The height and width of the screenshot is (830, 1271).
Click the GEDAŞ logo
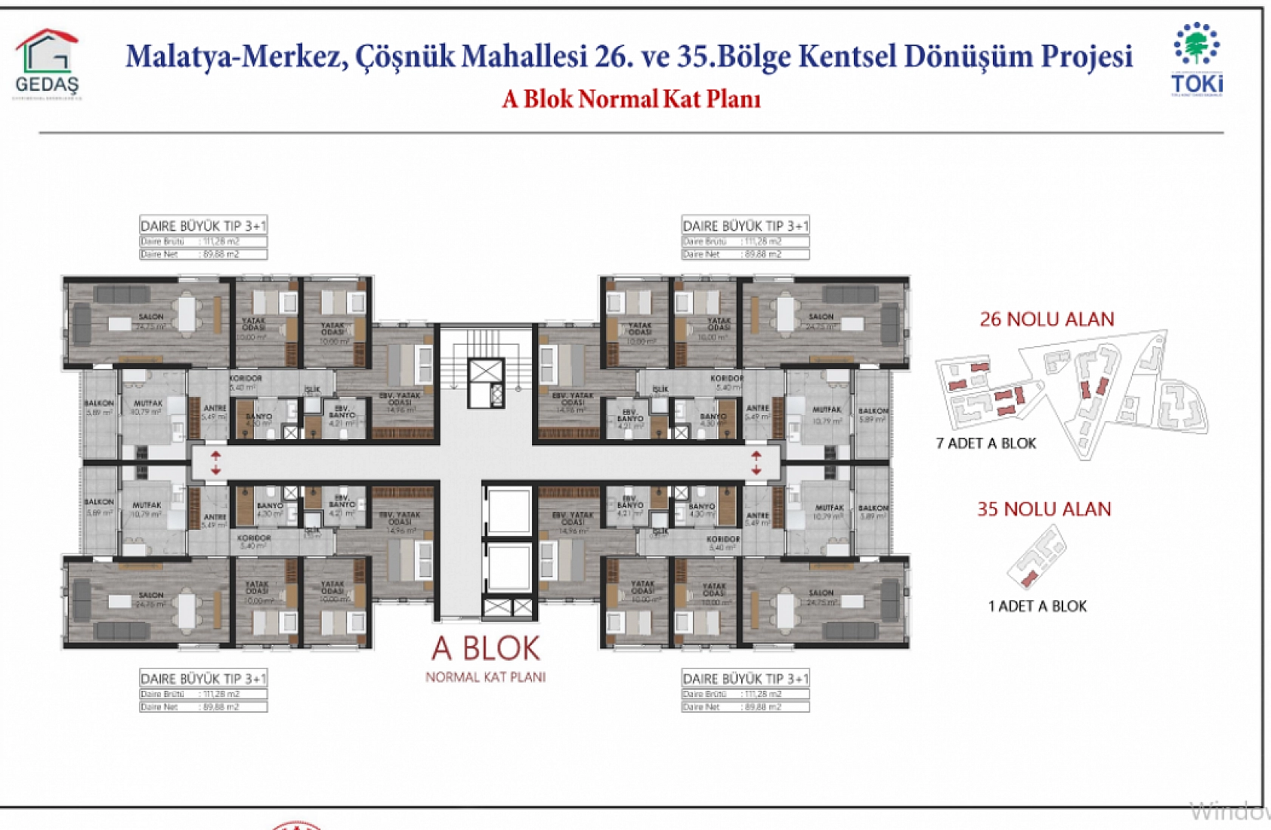click(47, 64)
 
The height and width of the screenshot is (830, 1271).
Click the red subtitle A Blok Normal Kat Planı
click(631, 99)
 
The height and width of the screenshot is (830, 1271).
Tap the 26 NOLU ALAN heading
click(1047, 319)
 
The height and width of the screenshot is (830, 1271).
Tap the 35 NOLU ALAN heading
click(1044, 509)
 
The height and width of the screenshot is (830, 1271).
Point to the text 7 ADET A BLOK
click(985, 443)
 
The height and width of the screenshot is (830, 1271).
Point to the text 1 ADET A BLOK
click(1037, 605)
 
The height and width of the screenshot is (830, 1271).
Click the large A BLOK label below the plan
click(486, 649)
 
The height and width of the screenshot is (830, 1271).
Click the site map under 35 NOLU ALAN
click(1037, 556)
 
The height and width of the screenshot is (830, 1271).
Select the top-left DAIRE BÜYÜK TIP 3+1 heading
click(203, 225)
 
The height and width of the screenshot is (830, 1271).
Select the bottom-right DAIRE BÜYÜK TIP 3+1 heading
click(745, 678)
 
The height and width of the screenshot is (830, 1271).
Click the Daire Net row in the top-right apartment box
click(745, 254)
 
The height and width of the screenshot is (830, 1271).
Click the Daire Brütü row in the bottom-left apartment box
click(203, 693)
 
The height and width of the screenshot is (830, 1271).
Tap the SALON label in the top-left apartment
click(151, 317)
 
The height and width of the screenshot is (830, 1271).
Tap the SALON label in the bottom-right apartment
click(821, 593)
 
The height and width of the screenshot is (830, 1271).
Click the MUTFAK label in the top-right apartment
click(827, 409)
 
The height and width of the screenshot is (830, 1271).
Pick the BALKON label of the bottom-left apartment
click(99, 502)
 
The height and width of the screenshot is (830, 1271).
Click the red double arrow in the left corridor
click(216, 463)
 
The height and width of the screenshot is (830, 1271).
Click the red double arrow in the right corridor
click(756, 463)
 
